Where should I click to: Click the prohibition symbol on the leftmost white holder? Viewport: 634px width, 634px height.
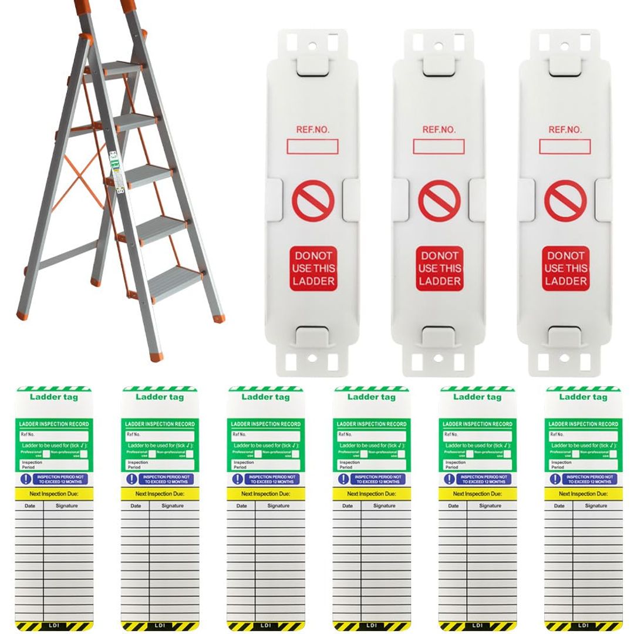[314, 200]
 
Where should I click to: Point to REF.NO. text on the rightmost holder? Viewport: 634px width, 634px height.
[565, 130]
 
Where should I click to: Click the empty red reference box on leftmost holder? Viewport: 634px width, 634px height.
[313, 146]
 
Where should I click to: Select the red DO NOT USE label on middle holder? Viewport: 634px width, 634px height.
[439, 268]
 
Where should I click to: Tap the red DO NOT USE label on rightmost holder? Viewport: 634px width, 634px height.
[565, 268]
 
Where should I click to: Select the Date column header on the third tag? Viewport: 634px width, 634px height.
[241, 505]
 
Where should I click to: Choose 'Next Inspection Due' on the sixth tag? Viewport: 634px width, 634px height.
[582, 494]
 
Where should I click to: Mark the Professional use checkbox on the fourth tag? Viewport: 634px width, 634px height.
[364, 453]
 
